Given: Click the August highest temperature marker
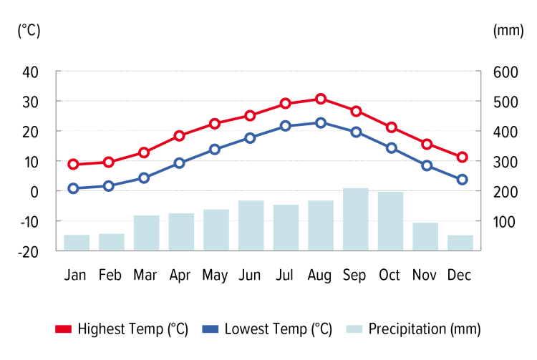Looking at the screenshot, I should (321, 99).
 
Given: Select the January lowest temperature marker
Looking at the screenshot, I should (73, 188).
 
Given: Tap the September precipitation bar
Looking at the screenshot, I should (356, 219).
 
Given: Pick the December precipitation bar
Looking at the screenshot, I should (460, 243).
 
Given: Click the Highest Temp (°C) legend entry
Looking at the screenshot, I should (122, 329).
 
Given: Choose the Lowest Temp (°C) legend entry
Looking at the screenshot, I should (268, 329).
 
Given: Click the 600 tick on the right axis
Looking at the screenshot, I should (504, 72).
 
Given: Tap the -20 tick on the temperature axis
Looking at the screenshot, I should (29, 251).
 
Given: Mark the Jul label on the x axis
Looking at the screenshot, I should (286, 275).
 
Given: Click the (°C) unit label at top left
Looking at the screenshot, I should (29, 30).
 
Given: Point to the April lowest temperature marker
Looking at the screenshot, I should (180, 163).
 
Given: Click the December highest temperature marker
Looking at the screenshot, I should (462, 157).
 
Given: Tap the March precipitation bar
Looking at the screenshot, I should (145, 233).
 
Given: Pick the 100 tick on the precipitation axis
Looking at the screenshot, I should (504, 221).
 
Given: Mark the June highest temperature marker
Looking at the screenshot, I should (250, 115).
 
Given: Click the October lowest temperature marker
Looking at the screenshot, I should (391, 148).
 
